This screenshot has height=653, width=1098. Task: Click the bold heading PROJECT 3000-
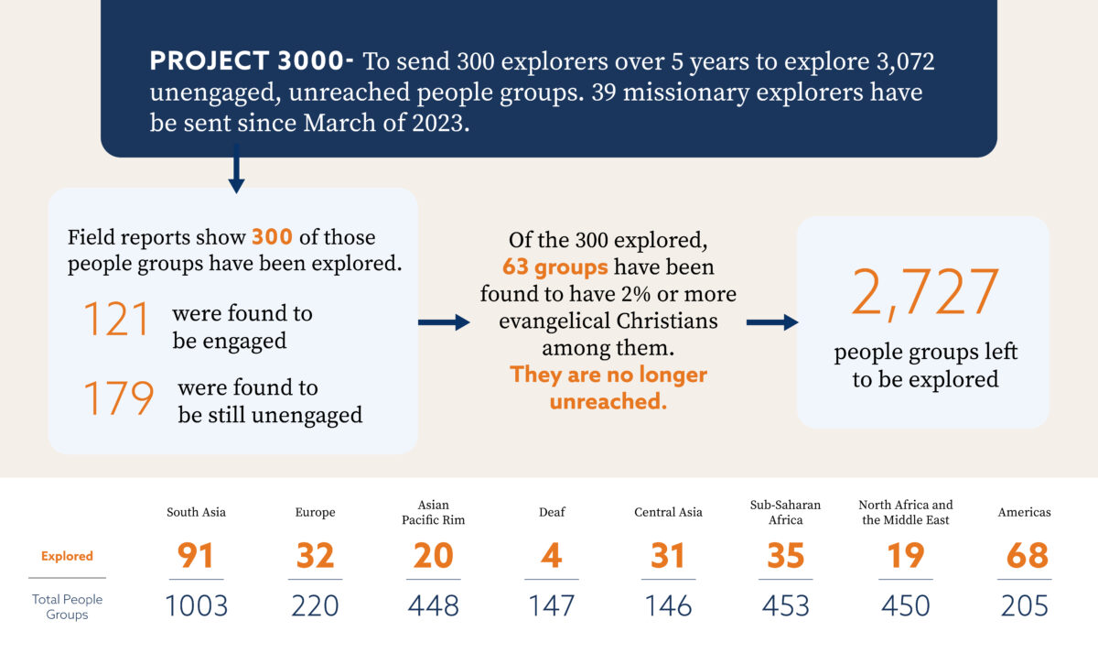252,62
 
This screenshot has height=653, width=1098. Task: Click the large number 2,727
924,293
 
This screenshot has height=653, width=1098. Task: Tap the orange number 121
116,321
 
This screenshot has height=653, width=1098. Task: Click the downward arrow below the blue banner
236,174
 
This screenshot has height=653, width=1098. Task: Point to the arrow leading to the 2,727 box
771,322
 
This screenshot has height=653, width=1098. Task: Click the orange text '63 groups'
554,267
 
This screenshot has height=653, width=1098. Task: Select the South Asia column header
196,512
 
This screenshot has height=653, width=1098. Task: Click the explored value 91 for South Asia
196,556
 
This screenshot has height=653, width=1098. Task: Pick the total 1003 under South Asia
196,605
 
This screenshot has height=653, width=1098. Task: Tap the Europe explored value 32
315,556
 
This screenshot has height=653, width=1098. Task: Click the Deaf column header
552,512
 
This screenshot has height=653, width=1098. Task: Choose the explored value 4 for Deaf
551,556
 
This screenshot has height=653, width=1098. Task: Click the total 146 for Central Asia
668,605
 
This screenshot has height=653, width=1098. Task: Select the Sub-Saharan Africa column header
785,512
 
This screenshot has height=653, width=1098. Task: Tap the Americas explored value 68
1025,556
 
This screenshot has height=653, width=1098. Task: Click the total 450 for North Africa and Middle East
905,605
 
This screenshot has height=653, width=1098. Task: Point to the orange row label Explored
67,556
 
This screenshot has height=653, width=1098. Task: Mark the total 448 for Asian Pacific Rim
434,605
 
